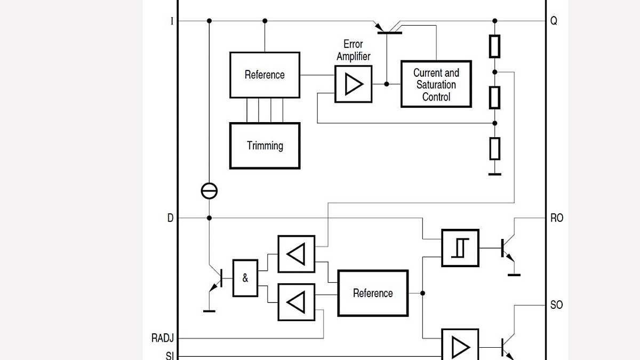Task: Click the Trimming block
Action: click(265, 146)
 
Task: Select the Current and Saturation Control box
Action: click(436, 84)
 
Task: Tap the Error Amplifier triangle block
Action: click(353, 84)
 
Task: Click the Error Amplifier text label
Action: click(353, 50)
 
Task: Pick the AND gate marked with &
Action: click(245, 278)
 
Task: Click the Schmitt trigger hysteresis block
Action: click(460, 248)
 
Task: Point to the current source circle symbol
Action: click(209, 191)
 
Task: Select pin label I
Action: click(172, 21)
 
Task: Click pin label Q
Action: click(554, 21)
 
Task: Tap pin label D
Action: click(171, 218)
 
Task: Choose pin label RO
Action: click(556, 218)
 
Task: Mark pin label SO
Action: click(556, 305)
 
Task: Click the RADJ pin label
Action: click(163, 338)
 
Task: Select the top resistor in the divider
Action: click(495, 46)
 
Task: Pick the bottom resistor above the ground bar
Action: click(495, 148)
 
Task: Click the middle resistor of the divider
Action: click(495, 97)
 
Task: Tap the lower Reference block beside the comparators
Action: click(373, 293)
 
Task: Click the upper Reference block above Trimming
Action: click(265, 75)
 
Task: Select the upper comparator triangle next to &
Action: click(296, 254)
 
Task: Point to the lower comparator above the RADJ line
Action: click(296, 302)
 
